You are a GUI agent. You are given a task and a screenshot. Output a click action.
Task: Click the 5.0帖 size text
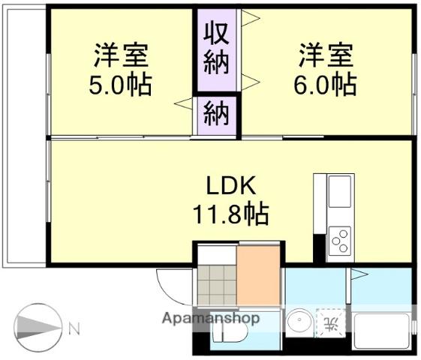[x=120, y=84]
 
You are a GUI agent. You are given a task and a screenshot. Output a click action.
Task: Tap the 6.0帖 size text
[x=325, y=84]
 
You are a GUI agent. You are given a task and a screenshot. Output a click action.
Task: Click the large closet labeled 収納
[x=216, y=49]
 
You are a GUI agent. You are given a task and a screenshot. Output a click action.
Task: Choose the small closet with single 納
[x=216, y=116]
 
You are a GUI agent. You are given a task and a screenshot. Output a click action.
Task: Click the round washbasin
[x=300, y=323]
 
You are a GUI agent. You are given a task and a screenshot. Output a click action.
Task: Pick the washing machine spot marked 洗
[x=330, y=323]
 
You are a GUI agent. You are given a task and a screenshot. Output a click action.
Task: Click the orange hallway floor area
[x=257, y=274]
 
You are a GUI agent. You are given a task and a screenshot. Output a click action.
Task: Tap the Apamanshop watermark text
[x=211, y=318]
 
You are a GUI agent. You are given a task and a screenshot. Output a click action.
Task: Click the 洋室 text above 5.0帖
[x=120, y=56]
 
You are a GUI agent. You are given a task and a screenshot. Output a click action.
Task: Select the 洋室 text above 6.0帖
[x=325, y=56]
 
